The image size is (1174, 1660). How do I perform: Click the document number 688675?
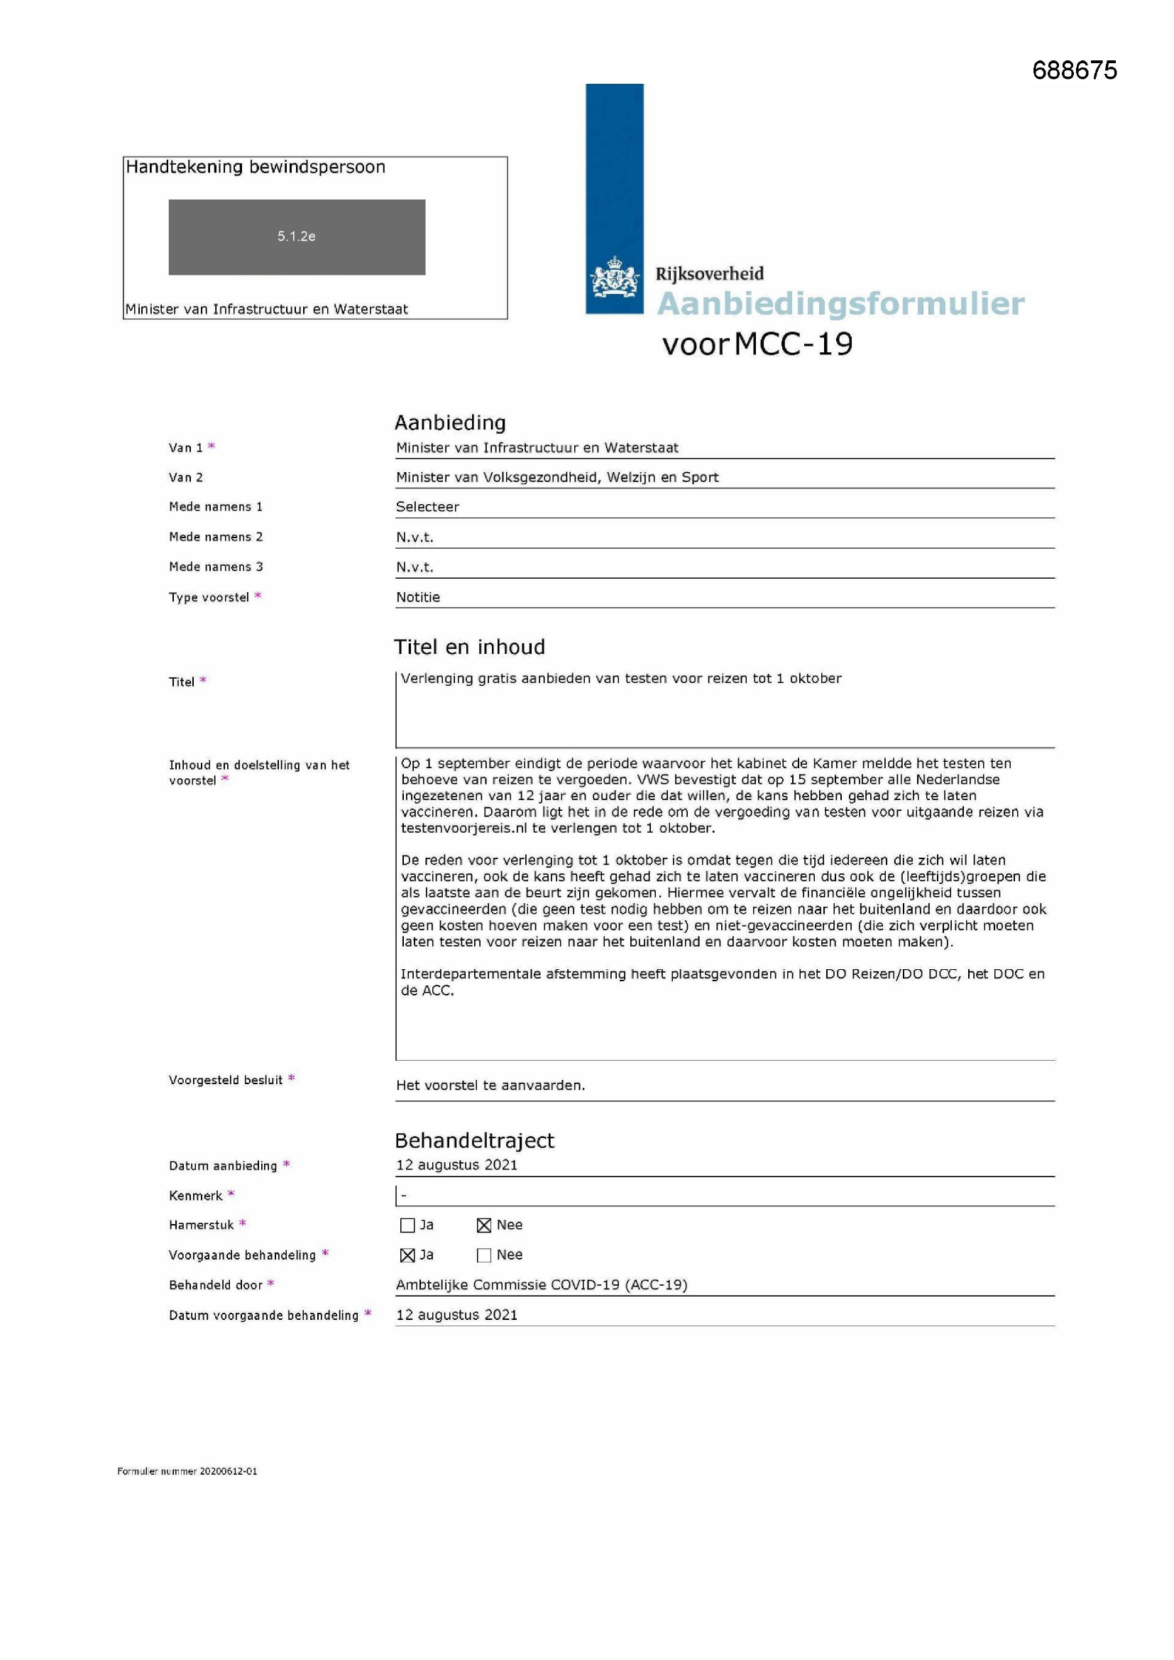[x=1074, y=70]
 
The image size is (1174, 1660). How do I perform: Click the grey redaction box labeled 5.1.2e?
[x=297, y=236]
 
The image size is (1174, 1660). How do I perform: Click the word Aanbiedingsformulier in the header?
[x=840, y=304]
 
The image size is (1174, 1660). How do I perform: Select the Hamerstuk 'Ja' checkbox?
[x=407, y=1225]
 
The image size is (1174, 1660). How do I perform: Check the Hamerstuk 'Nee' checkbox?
[x=484, y=1225]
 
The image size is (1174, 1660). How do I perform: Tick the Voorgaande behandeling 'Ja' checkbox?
[x=407, y=1255]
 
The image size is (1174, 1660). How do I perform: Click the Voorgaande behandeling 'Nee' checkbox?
[x=484, y=1255]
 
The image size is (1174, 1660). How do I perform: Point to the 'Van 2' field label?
[x=186, y=477]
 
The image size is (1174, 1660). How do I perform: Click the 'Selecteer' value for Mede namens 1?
[x=427, y=507]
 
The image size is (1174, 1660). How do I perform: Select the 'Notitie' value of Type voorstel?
[x=418, y=597]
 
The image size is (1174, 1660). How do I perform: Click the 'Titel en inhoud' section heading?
[x=469, y=646]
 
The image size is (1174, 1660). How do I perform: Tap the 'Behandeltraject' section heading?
[x=474, y=1140]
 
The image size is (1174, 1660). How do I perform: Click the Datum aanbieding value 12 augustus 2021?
[x=456, y=1164]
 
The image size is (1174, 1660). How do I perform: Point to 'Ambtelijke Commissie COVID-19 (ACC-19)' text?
[x=542, y=1285]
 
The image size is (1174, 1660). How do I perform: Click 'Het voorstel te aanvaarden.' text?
[x=490, y=1085]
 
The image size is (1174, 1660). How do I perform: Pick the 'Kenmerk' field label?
[x=195, y=1196]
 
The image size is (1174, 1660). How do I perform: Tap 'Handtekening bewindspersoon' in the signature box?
[x=256, y=167]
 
